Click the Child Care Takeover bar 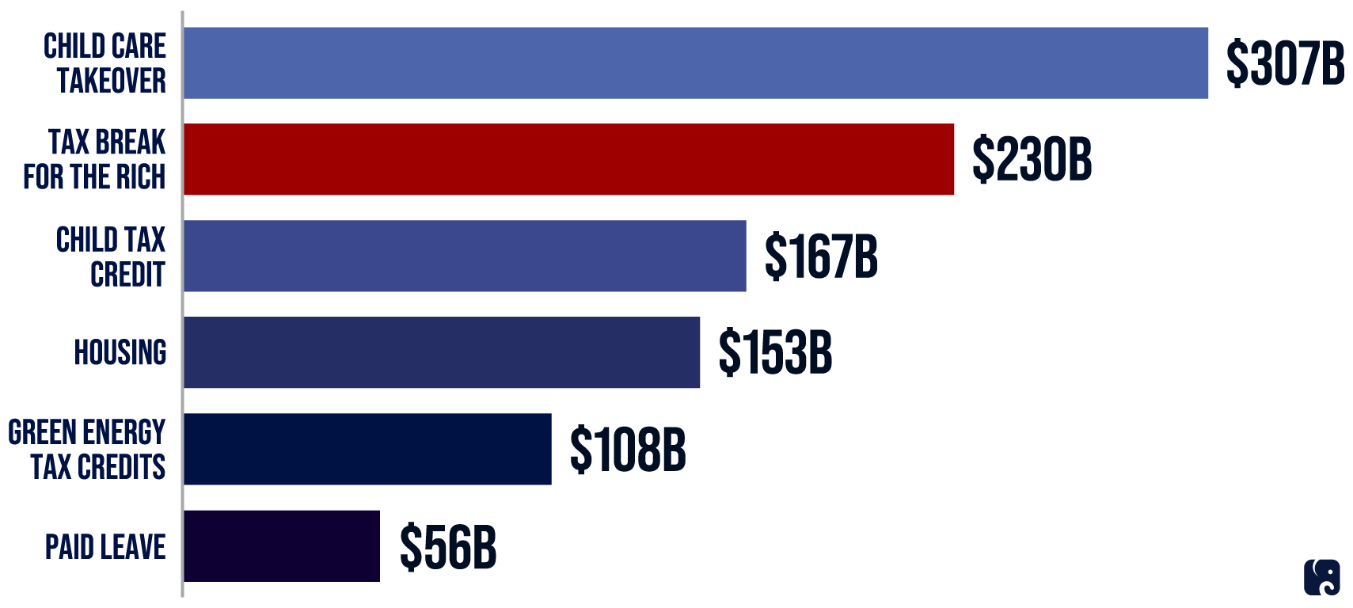(x=695, y=63)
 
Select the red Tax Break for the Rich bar (x=568, y=159)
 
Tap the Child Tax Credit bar (x=465, y=256)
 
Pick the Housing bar (x=442, y=352)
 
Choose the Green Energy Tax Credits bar (x=367, y=449)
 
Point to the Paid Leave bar (x=282, y=545)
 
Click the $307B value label (x=1284, y=63)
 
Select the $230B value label (x=1032, y=159)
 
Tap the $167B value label (x=821, y=256)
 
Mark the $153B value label (x=775, y=352)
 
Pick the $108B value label (x=627, y=449)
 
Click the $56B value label (x=448, y=546)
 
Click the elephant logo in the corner (x=1321, y=577)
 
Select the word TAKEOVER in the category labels (x=112, y=81)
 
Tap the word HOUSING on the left (x=120, y=352)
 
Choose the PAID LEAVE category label (x=105, y=547)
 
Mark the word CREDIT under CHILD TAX (x=127, y=274)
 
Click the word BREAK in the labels (x=130, y=142)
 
